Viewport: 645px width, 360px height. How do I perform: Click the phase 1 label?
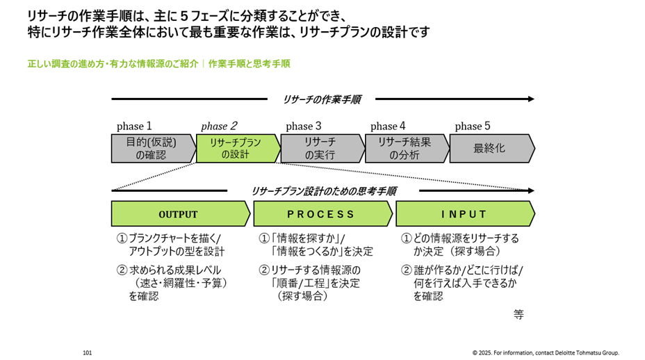(134, 126)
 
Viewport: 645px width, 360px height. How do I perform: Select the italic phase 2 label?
(219, 126)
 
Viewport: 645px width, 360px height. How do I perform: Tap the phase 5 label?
(473, 126)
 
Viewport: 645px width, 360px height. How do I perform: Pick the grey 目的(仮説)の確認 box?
(151, 149)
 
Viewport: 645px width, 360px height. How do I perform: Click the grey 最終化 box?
(489, 149)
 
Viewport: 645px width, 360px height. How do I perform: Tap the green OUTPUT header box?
(178, 214)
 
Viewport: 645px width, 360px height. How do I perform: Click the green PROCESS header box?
(320, 214)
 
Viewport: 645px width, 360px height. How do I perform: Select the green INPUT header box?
(464, 214)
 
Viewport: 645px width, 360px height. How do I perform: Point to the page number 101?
(87, 352)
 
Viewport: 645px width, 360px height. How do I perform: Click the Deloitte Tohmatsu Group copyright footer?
(546, 352)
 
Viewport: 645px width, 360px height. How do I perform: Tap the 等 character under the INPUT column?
(519, 314)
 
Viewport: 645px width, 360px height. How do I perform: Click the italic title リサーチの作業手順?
(321, 99)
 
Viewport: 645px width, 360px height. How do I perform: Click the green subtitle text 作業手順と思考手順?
(249, 64)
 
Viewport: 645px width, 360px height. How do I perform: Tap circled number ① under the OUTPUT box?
(122, 238)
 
